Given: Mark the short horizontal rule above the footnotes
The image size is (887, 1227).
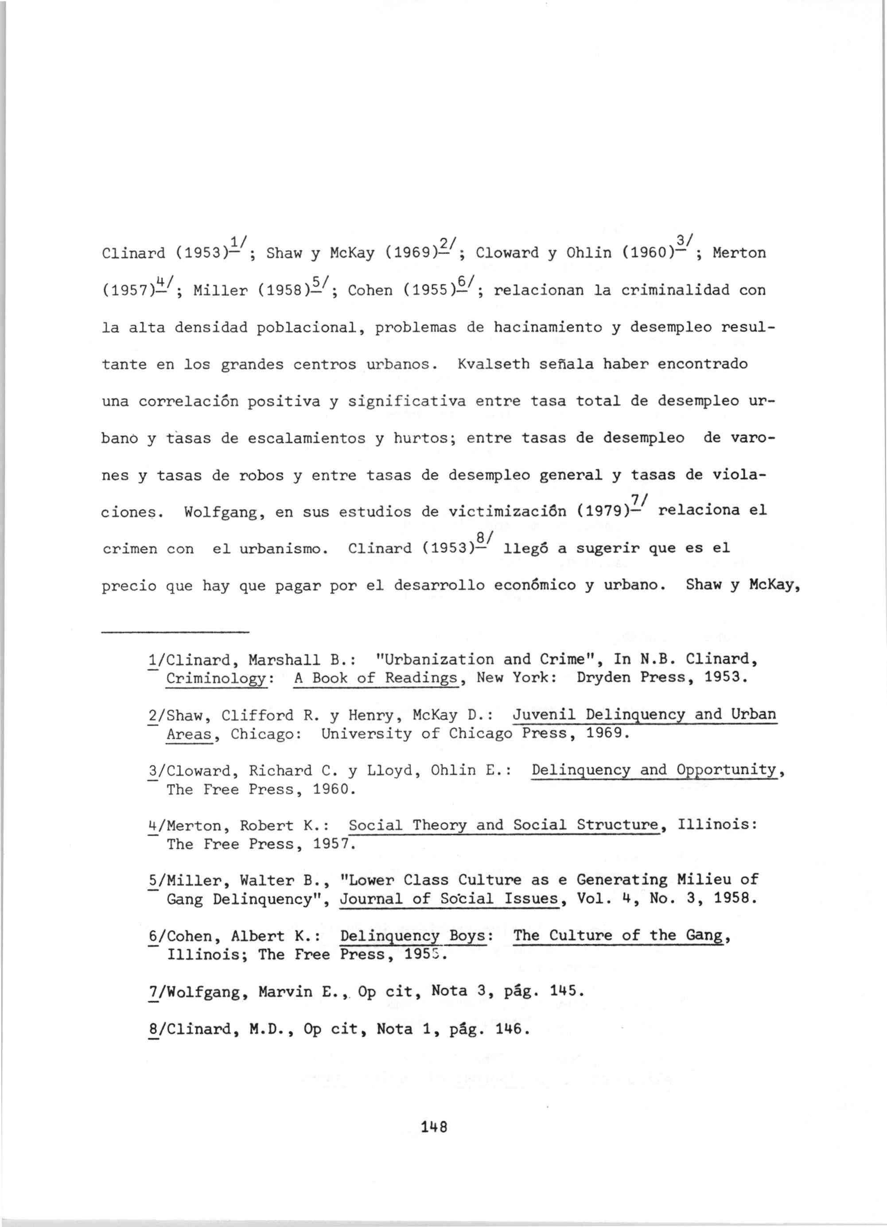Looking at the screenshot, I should pyautogui.click(x=176, y=631).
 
